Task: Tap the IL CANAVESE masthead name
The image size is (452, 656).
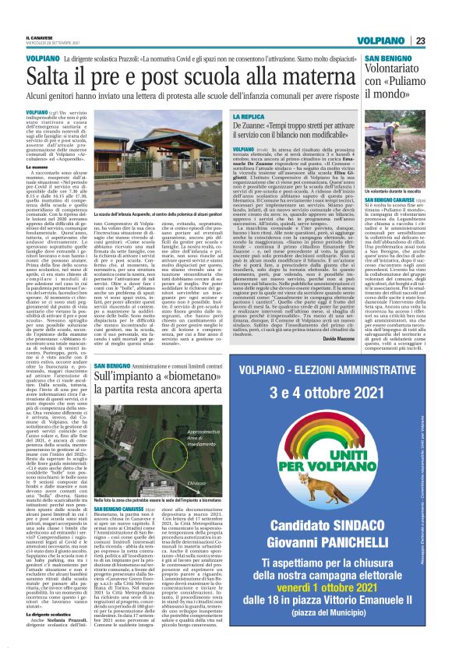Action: (x=40, y=37)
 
